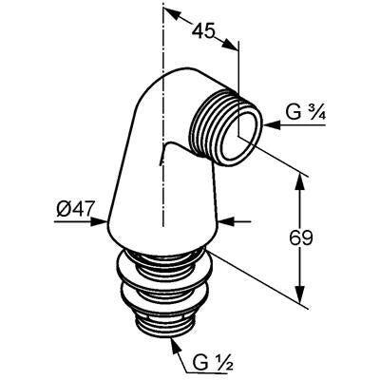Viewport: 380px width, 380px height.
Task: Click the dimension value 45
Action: pyautogui.click(x=204, y=31)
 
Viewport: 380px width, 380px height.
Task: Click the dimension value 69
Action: pyautogui.click(x=301, y=237)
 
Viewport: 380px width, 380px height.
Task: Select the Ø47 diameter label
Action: pyautogui.click(x=76, y=209)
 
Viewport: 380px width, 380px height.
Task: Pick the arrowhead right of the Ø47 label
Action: pyautogui.click(x=98, y=221)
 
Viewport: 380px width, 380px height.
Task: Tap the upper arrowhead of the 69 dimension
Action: pyautogui.click(x=299, y=183)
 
